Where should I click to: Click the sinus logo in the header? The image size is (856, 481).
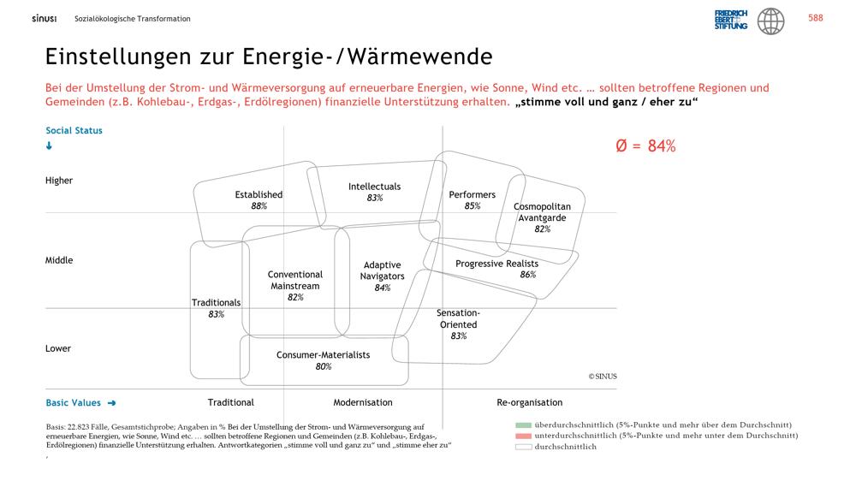(x=45, y=19)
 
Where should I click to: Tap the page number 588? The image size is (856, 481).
(x=815, y=18)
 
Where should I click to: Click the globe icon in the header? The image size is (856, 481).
(x=770, y=21)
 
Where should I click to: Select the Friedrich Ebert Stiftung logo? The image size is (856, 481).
(x=731, y=20)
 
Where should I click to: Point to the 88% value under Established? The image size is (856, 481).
(x=259, y=205)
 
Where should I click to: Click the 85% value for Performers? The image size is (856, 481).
(x=473, y=205)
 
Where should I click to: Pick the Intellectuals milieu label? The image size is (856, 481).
(x=375, y=187)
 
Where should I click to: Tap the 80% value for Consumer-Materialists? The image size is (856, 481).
(x=324, y=366)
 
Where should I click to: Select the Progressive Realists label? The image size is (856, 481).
(x=496, y=264)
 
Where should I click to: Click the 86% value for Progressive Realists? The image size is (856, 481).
(x=528, y=275)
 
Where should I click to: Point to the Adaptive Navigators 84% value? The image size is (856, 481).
(x=382, y=288)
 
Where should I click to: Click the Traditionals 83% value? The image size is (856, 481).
(x=217, y=314)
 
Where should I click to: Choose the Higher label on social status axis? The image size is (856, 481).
(x=59, y=181)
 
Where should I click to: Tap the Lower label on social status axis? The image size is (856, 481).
(x=58, y=348)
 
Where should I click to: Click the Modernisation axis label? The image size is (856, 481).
(x=363, y=402)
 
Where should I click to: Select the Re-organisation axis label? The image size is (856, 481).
(x=530, y=402)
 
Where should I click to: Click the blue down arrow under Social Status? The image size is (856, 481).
(x=49, y=145)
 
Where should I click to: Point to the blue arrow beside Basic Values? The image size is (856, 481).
(x=112, y=403)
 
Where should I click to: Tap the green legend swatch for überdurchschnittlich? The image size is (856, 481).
(x=523, y=425)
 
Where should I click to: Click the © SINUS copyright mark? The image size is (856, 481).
(x=603, y=377)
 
